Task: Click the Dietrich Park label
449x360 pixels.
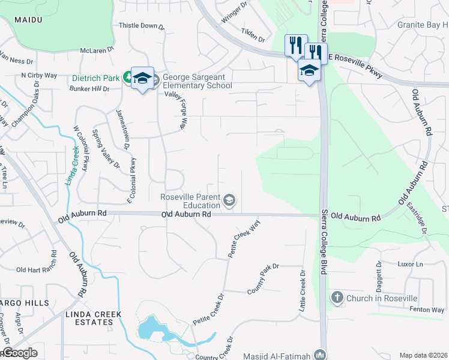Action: [x=95, y=77]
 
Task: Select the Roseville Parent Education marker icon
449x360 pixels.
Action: [x=229, y=200]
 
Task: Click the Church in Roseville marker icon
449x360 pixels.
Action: [x=337, y=298]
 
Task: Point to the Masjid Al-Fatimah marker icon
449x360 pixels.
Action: [x=319, y=355]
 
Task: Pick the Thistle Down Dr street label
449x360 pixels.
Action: [x=142, y=26]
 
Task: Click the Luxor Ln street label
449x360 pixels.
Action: [x=411, y=264]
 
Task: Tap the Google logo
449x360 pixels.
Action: [x=19, y=353]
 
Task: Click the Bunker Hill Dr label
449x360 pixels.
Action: [x=89, y=89]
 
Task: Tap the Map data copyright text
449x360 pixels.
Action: [x=423, y=355]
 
